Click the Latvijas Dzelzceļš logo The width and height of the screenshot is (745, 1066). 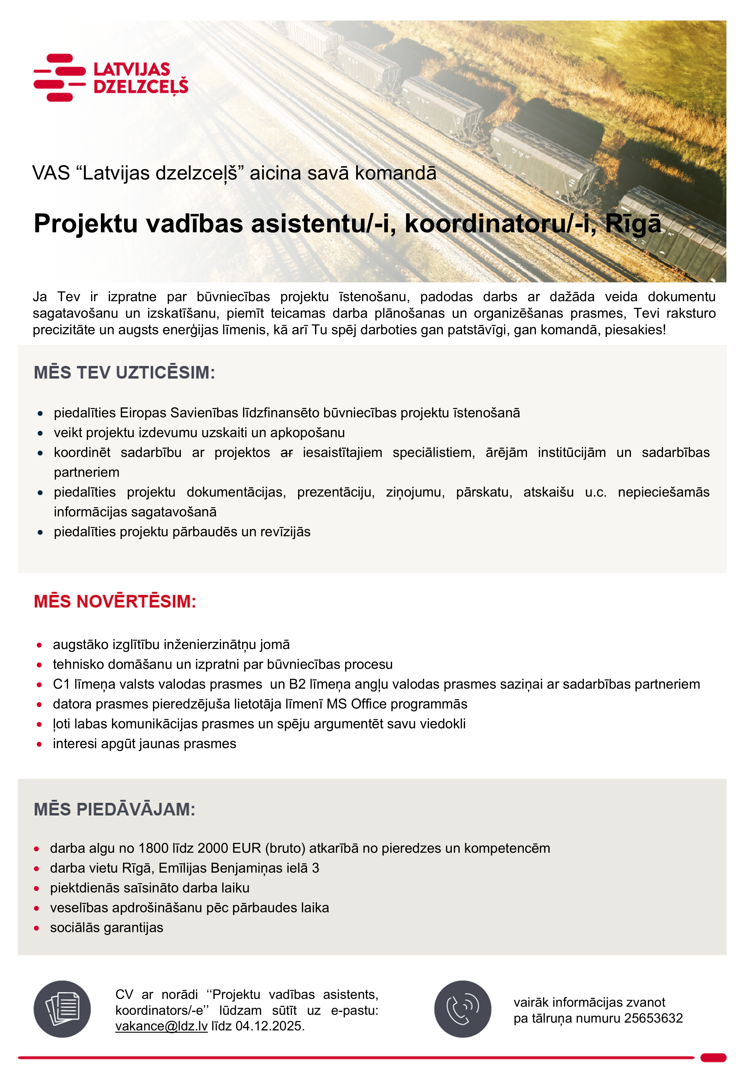point(111,77)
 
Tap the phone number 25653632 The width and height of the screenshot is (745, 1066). point(653,1018)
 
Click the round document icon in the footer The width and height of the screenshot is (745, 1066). point(62,1009)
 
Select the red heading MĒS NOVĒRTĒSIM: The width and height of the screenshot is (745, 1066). point(115,601)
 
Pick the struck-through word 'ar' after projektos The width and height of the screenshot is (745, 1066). point(287,453)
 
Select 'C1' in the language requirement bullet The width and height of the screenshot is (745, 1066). point(61,684)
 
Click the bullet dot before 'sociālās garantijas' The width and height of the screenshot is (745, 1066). point(37,928)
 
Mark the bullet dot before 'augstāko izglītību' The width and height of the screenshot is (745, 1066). point(39,645)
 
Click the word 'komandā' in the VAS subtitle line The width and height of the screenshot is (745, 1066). point(395,173)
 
